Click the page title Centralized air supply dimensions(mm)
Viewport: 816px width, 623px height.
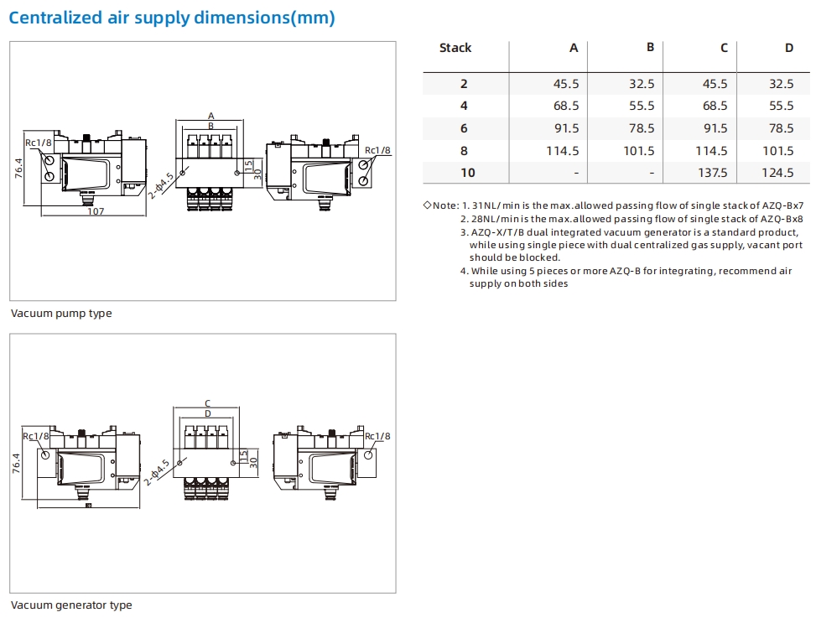[x=172, y=18]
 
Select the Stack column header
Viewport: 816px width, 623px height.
[x=455, y=48]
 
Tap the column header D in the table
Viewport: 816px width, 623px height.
[x=788, y=48]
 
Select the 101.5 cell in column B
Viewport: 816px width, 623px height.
[x=639, y=151]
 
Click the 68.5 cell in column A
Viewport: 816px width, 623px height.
[x=566, y=106]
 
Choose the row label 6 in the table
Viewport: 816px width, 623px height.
[x=464, y=128]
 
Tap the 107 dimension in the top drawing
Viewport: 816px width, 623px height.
[x=96, y=211]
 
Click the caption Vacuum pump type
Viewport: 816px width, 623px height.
[x=61, y=314]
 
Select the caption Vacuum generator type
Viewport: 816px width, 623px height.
[x=71, y=605]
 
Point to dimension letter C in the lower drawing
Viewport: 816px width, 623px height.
[x=208, y=404]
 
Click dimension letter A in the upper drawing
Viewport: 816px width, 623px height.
[x=211, y=116]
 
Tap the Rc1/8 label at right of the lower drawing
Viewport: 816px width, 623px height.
[x=377, y=436]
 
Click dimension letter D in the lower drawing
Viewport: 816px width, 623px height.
[x=208, y=413]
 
